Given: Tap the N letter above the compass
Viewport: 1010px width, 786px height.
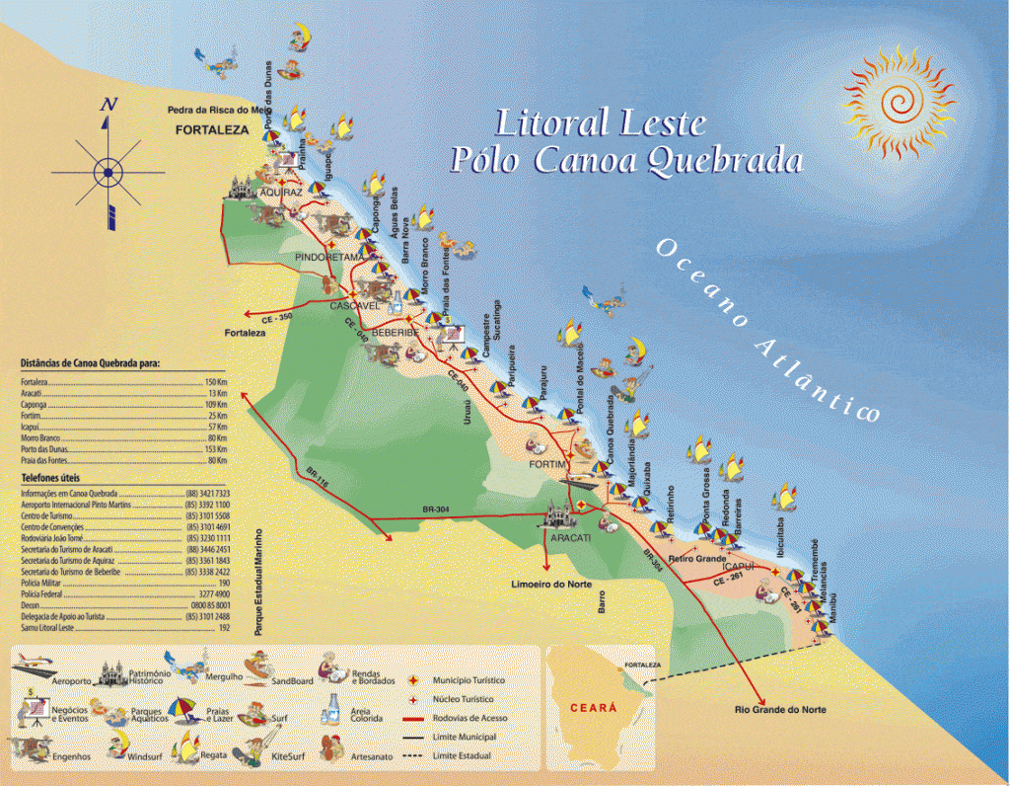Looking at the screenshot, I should (x=109, y=105).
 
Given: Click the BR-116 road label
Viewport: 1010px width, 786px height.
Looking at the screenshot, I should (x=318, y=474).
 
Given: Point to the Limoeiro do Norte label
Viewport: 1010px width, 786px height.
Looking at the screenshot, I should (x=551, y=585).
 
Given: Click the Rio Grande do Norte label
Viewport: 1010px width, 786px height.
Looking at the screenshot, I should (x=780, y=710).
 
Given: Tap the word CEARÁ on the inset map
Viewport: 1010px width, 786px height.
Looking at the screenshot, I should (x=594, y=707).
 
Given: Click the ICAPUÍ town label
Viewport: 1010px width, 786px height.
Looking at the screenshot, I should (x=738, y=566).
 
